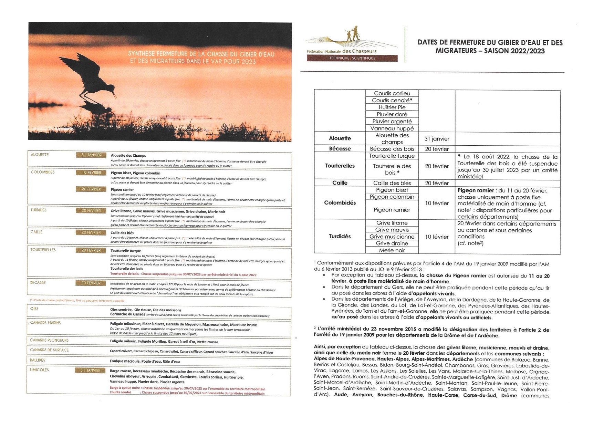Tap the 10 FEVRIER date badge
[x=91, y=173]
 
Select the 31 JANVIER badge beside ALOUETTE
[x=91, y=155]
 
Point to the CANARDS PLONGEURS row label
[x=49, y=340]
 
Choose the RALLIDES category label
[x=38, y=360]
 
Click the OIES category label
[x=34, y=309]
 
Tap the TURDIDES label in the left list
[x=39, y=210]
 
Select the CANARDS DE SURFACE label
[x=49, y=350]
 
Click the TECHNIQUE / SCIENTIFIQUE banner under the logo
[x=352, y=58]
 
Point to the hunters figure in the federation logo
[x=353, y=33]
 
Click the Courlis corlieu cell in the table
[x=392, y=93]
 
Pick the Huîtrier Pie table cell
[x=392, y=107]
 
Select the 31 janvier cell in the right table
[x=437, y=139]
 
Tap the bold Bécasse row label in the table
[x=340, y=149]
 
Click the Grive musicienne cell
[x=392, y=237]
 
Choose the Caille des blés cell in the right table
[x=392, y=183]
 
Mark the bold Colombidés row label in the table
[x=340, y=203]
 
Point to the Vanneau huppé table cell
[x=392, y=128]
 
